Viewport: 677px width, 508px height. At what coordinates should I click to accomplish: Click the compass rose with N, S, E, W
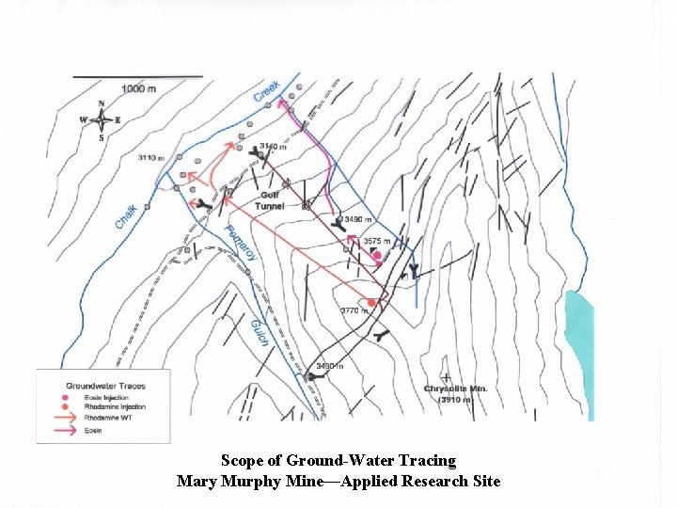(x=101, y=120)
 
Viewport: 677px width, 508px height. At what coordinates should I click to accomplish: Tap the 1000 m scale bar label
(x=139, y=88)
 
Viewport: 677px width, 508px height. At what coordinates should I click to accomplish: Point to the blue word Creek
(x=268, y=91)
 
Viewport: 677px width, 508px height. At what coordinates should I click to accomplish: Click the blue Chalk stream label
(x=126, y=216)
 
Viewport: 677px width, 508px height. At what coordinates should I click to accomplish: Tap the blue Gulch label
(x=260, y=330)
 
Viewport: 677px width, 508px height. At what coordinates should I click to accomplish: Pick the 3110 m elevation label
(x=150, y=157)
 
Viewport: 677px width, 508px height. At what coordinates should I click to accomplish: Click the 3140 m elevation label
(x=273, y=147)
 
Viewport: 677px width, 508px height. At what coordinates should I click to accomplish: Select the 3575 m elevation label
(x=379, y=242)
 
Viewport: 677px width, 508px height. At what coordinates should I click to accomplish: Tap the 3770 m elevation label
(x=354, y=310)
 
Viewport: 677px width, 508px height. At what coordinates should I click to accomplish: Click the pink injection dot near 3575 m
(x=377, y=255)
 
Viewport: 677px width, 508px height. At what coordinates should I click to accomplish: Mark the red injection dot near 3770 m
(x=372, y=302)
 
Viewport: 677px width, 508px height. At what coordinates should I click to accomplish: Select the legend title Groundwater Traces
(x=105, y=386)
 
